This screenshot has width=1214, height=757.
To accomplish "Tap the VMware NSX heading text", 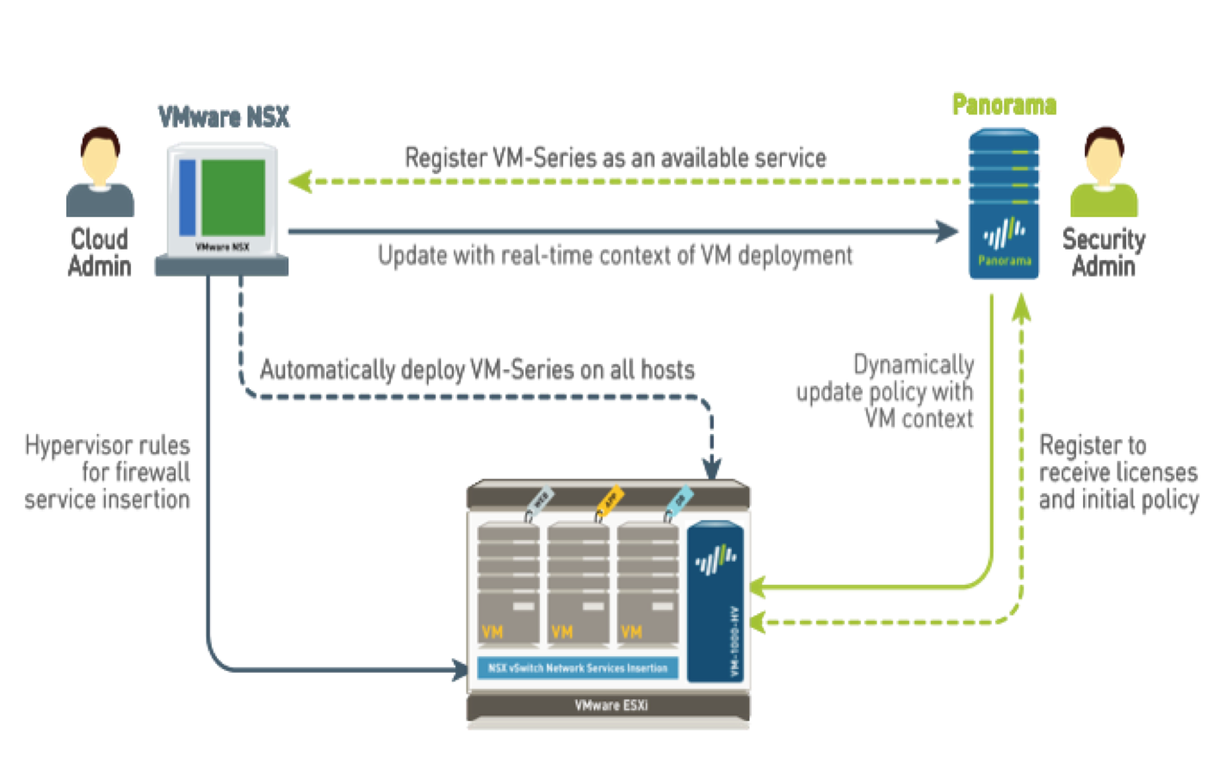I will pos(224,117).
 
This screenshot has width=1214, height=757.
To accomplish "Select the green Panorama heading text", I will pos(1004,105).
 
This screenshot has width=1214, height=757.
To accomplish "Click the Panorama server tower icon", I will pos(1003,204).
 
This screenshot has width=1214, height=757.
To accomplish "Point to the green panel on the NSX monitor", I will pos(233,197).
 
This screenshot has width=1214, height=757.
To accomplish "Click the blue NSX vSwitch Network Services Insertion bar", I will pos(577,667).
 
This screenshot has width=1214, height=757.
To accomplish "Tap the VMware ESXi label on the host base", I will pos(610,705).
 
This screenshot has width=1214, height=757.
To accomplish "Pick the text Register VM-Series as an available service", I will pos(616,158).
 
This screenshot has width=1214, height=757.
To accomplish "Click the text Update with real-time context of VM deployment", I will pos(615,256).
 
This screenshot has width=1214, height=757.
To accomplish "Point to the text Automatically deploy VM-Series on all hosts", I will pos(477,370).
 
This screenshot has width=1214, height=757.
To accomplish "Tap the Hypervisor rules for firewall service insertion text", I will pos(108,472).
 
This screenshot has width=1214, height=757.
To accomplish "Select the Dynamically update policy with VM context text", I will pos(887,392).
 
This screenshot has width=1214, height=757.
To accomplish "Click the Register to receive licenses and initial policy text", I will pos(1118,472).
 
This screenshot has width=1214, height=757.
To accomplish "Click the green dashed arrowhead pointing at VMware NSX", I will pos(300,182).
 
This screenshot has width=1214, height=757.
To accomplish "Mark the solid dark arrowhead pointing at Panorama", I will pos(948,231).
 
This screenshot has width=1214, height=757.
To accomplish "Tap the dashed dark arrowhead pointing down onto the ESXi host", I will pos(711,469).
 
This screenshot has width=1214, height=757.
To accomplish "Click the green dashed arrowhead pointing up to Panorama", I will pos(1021,308).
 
